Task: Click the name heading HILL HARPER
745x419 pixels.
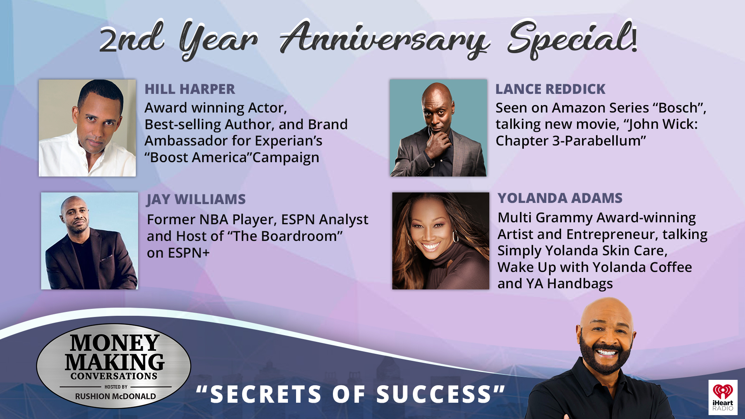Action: click(190, 89)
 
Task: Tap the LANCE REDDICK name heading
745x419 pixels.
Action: click(550, 89)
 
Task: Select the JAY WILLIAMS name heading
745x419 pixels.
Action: click(196, 199)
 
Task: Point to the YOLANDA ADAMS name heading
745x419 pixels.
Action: click(560, 198)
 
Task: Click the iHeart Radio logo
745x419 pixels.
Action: click(722, 397)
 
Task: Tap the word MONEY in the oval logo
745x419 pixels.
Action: click(114, 343)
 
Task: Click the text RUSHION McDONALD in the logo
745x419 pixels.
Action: click(115, 396)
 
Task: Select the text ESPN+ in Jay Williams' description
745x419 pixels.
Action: click(189, 253)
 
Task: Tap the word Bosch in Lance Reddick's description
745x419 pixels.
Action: click(679, 108)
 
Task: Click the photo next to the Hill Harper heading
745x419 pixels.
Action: click(87, 128)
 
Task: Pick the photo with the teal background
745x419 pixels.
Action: click(438, 128)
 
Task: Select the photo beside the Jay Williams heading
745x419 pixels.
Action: click(90, 241)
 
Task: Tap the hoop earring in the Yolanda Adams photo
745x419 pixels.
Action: click(456, 237)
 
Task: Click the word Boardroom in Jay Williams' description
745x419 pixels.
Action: click(298, 236)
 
